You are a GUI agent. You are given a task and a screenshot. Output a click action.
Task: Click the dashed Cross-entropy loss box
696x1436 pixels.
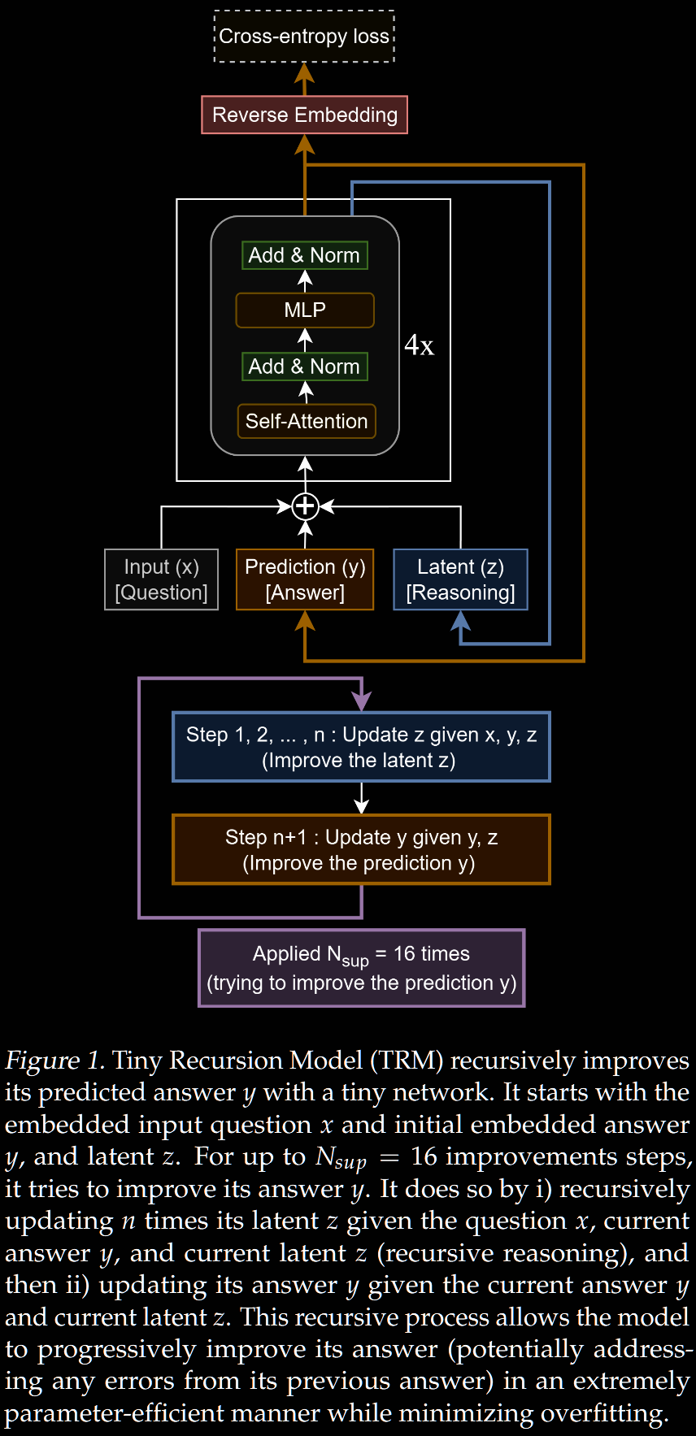(304, 37)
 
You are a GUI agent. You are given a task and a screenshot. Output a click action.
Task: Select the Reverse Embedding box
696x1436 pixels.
(304, 115)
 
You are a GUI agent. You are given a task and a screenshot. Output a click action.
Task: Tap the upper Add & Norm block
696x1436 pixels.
(304, 255)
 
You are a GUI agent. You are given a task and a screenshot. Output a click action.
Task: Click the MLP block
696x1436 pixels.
(304, 310)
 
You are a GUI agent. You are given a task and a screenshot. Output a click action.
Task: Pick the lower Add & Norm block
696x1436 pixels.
(304, 367)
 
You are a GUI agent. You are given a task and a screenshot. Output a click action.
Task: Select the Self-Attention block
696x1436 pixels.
(306, 421)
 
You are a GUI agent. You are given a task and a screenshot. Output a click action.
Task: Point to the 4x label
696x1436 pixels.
(419, 345)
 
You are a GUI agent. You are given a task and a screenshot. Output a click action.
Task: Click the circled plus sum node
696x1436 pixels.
(305, 506)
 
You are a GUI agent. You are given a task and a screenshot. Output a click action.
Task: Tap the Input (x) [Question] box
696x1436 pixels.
(161, 579)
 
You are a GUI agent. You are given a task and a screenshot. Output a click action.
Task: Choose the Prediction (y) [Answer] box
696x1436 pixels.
(305, 579)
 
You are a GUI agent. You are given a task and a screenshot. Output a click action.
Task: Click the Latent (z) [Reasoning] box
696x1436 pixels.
(460, 579)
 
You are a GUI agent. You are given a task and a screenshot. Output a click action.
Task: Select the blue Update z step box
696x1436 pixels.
(361, 747)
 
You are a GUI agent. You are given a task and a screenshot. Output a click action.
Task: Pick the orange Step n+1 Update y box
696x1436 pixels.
(361, 849)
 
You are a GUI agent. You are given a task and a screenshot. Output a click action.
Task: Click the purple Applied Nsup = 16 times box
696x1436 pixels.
(361, 968)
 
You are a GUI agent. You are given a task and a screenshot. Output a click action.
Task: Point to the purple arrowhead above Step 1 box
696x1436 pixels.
(361, 701)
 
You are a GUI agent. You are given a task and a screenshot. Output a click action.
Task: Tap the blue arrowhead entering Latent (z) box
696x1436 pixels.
(461, 620)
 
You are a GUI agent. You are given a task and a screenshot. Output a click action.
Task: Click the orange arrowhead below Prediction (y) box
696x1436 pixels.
(305, 620)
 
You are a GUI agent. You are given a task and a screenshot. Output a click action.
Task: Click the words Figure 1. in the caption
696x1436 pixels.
(54, 1061)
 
